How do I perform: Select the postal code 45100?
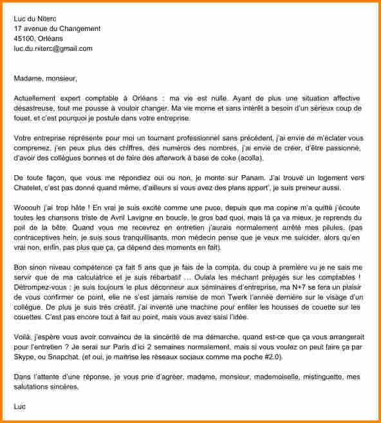coord(24,39)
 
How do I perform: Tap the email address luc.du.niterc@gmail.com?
coord(53,48)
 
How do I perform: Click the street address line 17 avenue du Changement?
coord(57,29)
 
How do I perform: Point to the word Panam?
coord(252,178)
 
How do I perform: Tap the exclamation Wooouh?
coord(30,208)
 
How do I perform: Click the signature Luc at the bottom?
coord(21,406)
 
